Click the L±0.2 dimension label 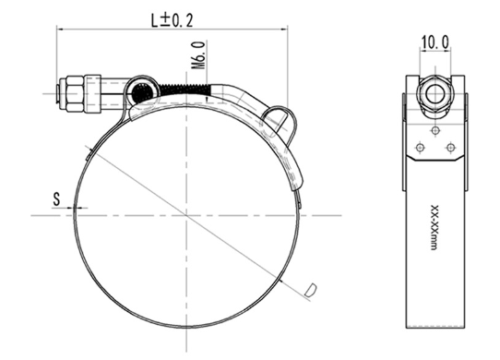pyautogui.click(x=173, y=20)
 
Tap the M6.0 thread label pyautogui.click(x=198, y=55)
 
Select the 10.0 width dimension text pyautogui.click(x=435, y=42)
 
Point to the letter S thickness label pyautogui.click(x=56, y=198)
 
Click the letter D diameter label pyautogui.click(x=310, y=290)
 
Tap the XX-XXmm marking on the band pyautogui.click(x=434, y=227)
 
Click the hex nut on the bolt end pyautogui.click(x=76, y=93)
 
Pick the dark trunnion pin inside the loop pyautogui.click(x=142, y=92)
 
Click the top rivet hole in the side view pyautogui.click(x=435, y=130)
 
